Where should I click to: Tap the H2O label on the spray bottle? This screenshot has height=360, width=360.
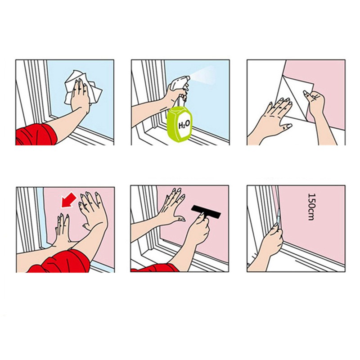pyautogui.click(x=184, y=125)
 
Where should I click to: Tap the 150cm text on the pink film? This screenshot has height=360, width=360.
pyautogui.click(x=310, y=207)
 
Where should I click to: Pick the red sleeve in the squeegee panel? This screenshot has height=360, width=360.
pyautogui.click(x=154, y=268)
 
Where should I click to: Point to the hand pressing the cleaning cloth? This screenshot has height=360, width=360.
pyautogui.click(x=80, y=94)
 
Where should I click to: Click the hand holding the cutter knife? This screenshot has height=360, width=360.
pyautogui.click(x=274, y=239)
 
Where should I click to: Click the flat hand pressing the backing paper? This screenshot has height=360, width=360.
pyautogui.click(x=275, y=112)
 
